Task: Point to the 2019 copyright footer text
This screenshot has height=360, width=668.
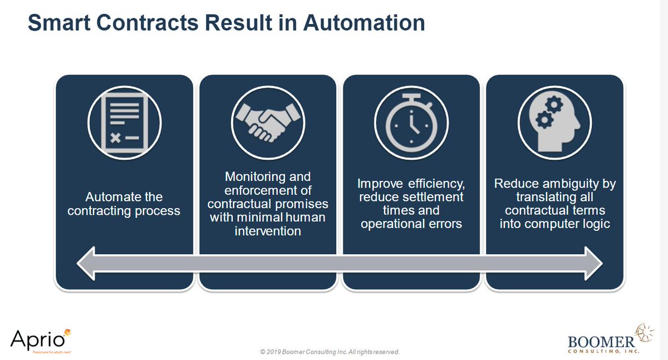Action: [330, 352]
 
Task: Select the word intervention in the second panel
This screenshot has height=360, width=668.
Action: [267, 230]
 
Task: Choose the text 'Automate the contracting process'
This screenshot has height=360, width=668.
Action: [124, 204]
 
